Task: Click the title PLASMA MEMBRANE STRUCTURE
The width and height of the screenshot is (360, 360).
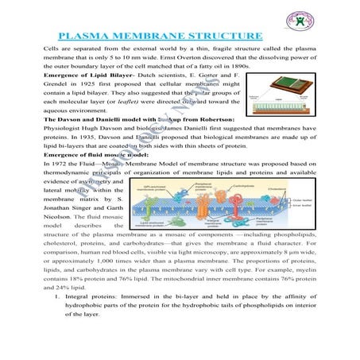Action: tap(161, 37)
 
